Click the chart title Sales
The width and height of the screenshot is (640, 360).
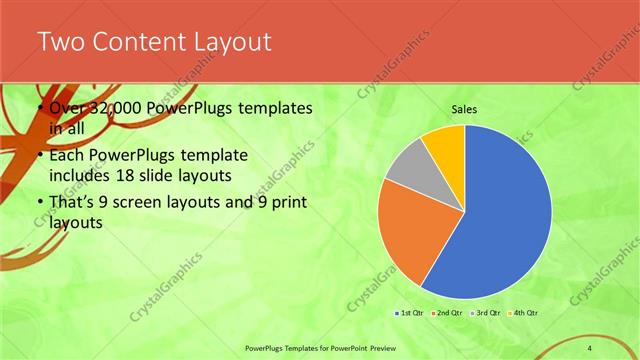pos(465,109)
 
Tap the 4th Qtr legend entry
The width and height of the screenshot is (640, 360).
pos(522,313)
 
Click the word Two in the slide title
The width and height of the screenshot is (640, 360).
pos(63,42)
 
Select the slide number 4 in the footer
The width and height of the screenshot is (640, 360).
pos(590,347)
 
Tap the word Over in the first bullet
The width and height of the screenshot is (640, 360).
pos(67,109)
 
